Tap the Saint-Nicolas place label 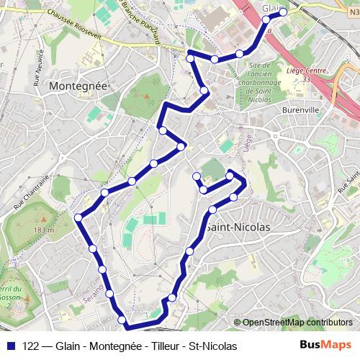(x=238, y=226)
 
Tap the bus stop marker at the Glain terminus (x=283, y=12)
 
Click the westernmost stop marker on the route (x=79, y=216)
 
